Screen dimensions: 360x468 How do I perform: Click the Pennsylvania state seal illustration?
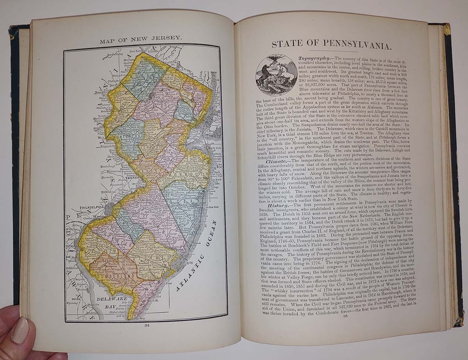(276, 75)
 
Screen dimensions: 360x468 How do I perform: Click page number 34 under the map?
(146, 326)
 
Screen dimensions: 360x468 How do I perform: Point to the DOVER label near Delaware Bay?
(77, 299)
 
